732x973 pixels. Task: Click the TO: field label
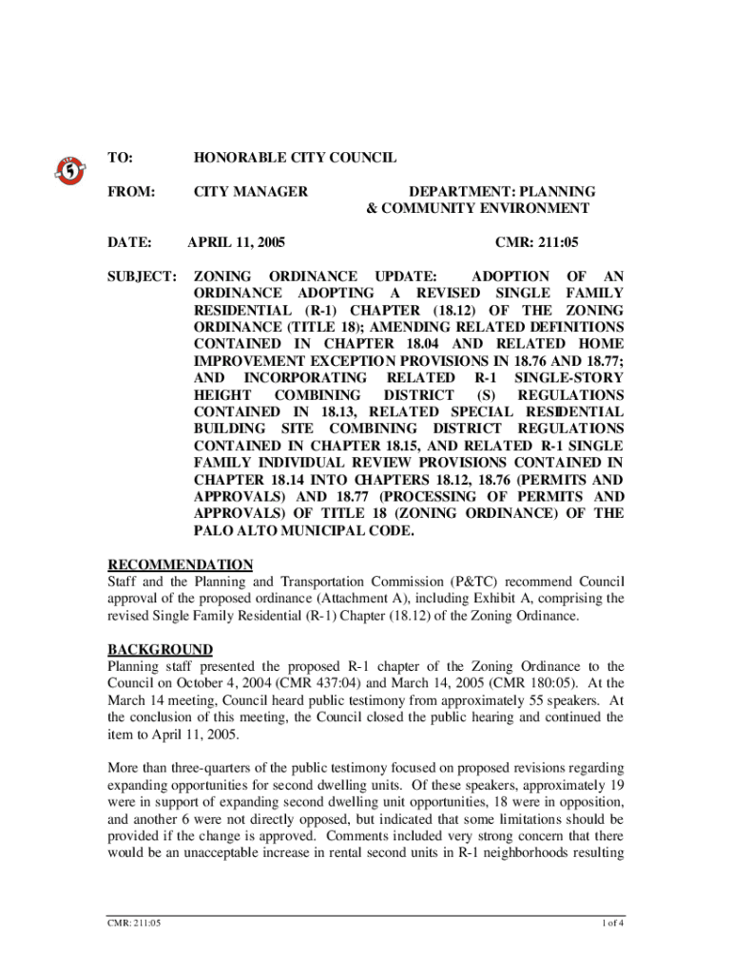pos(121,159)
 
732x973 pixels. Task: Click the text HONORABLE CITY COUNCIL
pos(295,159)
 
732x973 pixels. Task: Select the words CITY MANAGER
pos(251,192)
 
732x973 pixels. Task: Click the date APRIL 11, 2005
pos(237,242)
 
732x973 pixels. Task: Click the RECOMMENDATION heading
pos(180,564)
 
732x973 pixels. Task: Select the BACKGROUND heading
pos(160,650)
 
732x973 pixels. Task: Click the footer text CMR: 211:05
pos(134,923)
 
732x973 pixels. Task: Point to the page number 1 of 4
pos(610,923)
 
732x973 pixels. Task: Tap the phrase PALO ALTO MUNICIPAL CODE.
pos(304,531)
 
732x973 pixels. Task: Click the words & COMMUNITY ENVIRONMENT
pos(478,209)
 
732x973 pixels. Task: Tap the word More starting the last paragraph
pos(125,768)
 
